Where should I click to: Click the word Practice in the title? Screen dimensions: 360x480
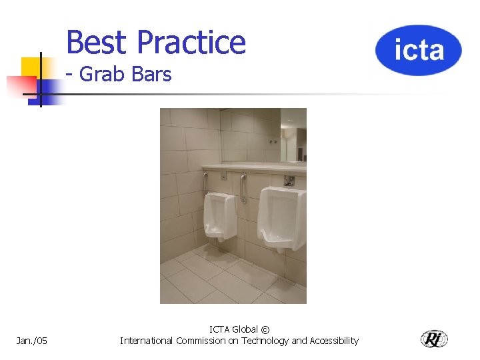tap(191, 42)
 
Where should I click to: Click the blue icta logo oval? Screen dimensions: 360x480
tap(418, 50)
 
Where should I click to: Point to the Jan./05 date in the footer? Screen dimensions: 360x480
tap(32, 341)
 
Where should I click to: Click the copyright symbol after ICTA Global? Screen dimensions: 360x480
tap(265, 329)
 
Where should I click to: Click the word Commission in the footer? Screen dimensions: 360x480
tap(200, 341)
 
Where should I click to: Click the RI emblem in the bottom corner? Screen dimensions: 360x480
tap(434, 339)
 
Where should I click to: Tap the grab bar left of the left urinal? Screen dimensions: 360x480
tap(205, 181)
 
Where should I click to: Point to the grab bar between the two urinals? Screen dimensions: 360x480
tap(243, 187)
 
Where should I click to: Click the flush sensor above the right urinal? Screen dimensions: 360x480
tap(289, 180)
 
